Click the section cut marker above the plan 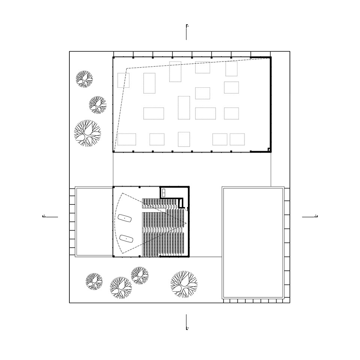click(186, 32)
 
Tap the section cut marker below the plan click(186, 322)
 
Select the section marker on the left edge click(50, 216)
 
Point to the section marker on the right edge click(310, 216)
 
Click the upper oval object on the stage click(125, 218)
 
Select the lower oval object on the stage click(127, 238)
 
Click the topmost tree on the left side click(84, 79)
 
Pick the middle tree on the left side click(97, 105)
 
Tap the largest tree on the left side click(87, 133)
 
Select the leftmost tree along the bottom click(94, 281)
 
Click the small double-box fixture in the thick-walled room click(164, 193)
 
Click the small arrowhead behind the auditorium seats click(185, 223)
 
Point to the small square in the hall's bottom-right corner click(269, 150)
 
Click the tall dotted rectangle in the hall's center click(184, 108)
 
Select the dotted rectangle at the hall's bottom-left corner click(126, 139)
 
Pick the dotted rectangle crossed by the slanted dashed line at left click(123, 80)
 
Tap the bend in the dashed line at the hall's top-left click(127, 68)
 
